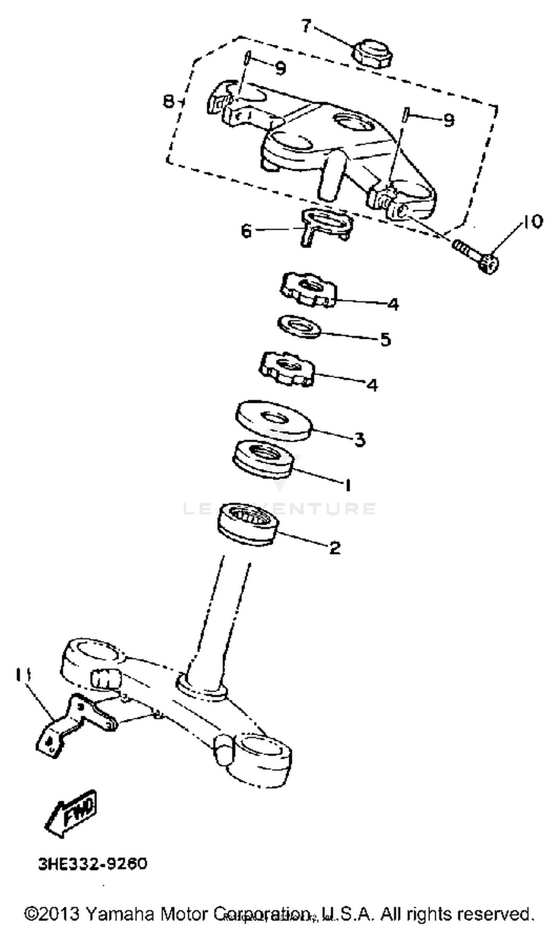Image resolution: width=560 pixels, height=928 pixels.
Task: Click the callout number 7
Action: (306, 27)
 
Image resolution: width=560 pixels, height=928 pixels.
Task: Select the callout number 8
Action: (168, 101)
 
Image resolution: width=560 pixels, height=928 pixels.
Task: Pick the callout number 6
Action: (246, 230)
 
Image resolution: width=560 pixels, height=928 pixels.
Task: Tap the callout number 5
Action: (385, 339)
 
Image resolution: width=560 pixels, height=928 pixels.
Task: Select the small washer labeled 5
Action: (299, 326)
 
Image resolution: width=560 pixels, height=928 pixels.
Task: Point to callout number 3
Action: (360, 439)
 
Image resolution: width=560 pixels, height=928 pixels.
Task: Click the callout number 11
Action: (24, 674)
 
